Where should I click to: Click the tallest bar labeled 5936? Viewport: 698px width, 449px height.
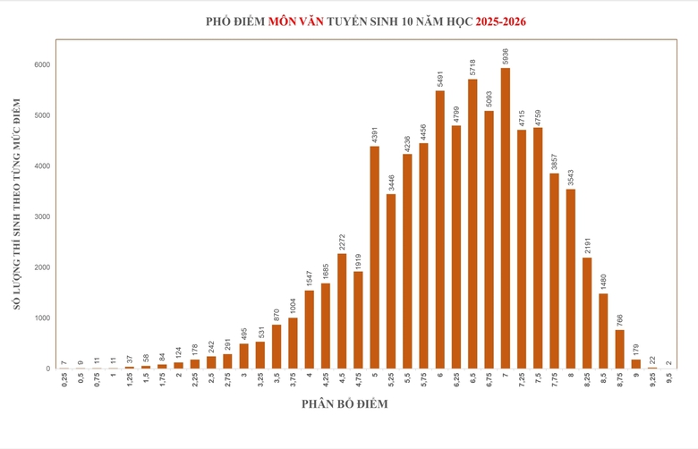tap(506, 218)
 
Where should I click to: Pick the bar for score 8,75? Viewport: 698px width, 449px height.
tap(620, 349)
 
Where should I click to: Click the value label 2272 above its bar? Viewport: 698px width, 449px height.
tap(342, 241)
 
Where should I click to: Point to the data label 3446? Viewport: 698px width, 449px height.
tap(391, 182)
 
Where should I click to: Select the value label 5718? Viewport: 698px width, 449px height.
tap(472, 67)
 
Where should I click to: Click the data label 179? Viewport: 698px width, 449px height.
tap(636, 348)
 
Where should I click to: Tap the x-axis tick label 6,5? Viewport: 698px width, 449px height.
tap(472, 378)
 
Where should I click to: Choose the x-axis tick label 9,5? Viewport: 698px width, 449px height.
tap(669, 378)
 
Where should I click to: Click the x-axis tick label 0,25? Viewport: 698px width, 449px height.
tap(64, 380)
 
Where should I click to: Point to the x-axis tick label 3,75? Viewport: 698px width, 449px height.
tap(293, 380)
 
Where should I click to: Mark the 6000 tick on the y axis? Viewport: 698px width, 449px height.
tap(42, 64)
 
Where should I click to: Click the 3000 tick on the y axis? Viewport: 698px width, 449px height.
tap(42, 216)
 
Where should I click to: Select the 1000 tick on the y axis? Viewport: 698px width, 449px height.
tap(42, 318)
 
